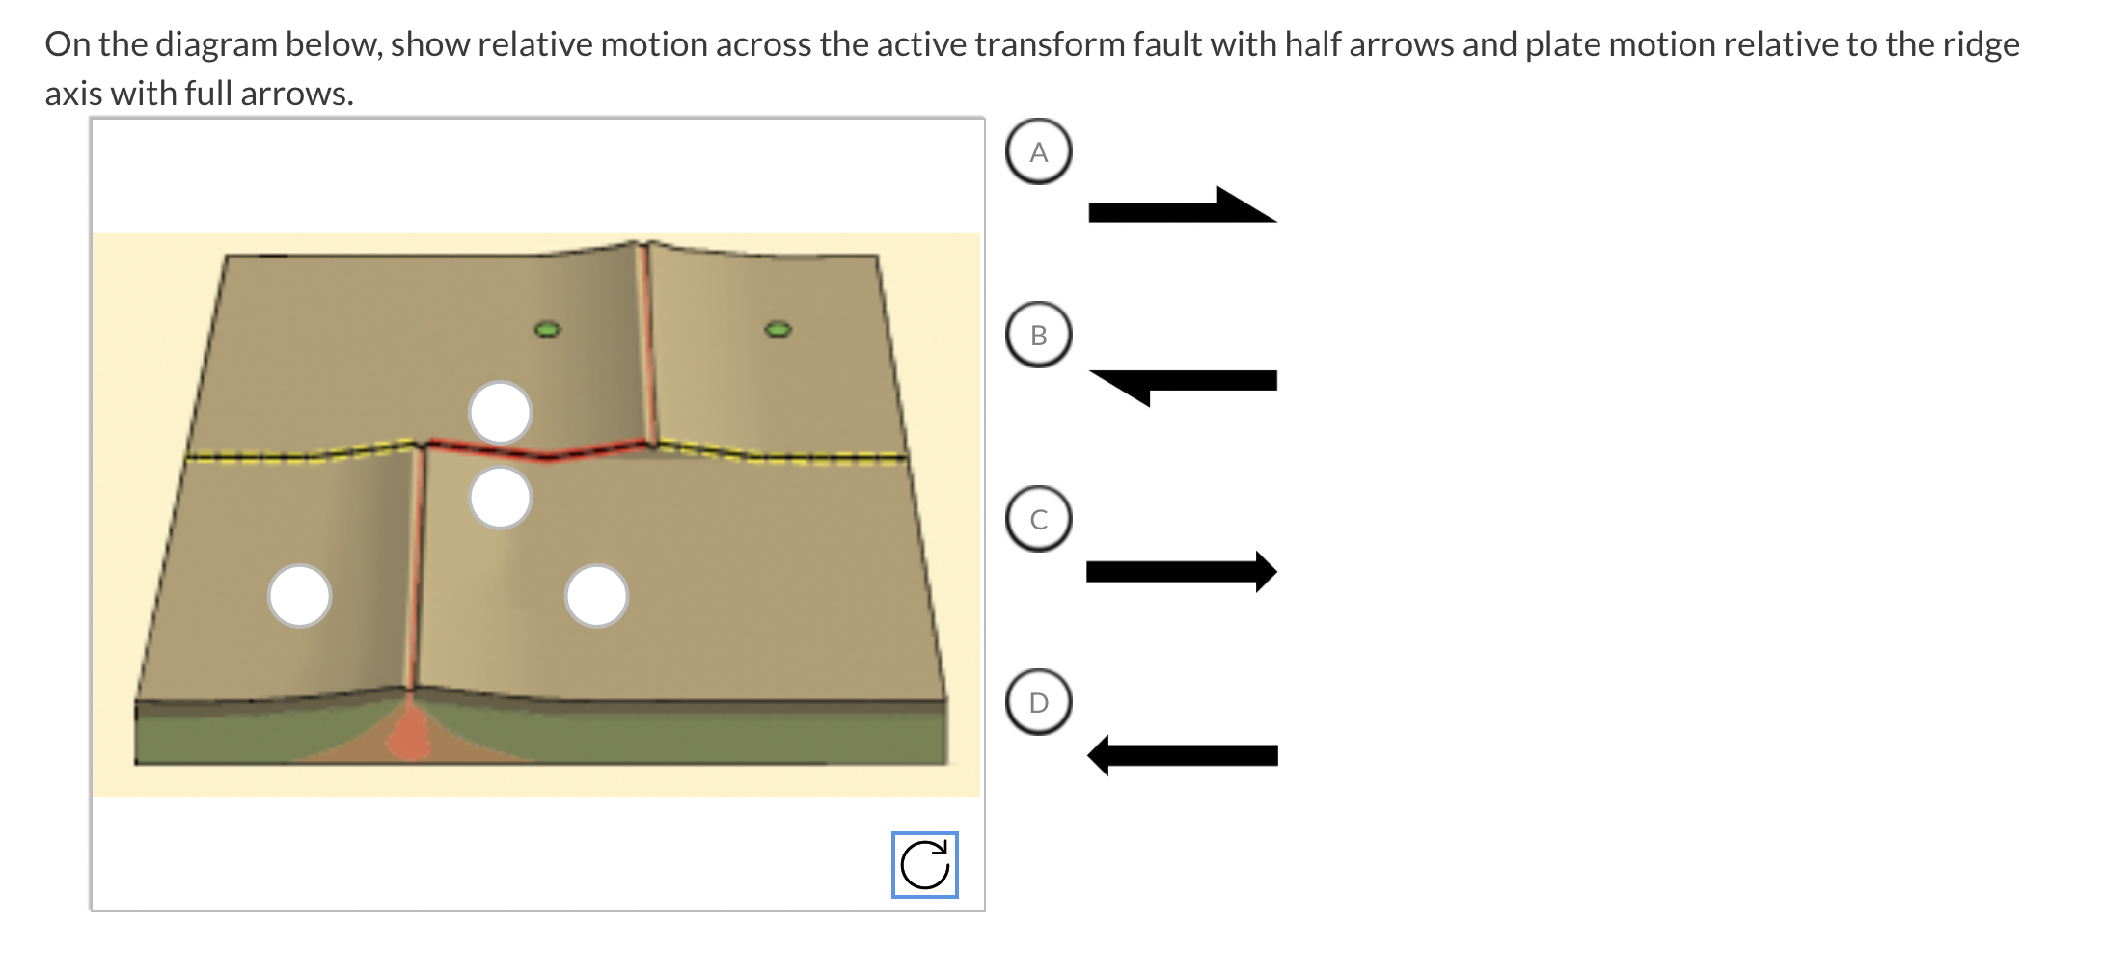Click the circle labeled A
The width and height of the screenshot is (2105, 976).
click(1038, 152)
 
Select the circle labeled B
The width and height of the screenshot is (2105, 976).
click(1038, 335)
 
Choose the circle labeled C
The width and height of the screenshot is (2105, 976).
click(1038, 518)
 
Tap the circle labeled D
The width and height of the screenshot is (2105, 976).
click(1038, 702)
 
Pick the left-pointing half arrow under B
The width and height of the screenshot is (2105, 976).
click(1184, 382)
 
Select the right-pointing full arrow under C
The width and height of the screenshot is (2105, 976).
click(1182, 572)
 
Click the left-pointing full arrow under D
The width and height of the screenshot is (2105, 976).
click(1183, 754)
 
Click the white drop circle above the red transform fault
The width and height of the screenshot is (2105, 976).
click(500, 413)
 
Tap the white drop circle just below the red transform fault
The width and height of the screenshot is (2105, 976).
click(500, 498)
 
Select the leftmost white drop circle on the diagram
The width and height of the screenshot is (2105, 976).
click(300, 595)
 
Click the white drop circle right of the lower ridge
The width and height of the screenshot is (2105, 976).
click(596, 595)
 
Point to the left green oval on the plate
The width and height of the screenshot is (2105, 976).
click(548, 330)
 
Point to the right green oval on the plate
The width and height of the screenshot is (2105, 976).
click(779, 330)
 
